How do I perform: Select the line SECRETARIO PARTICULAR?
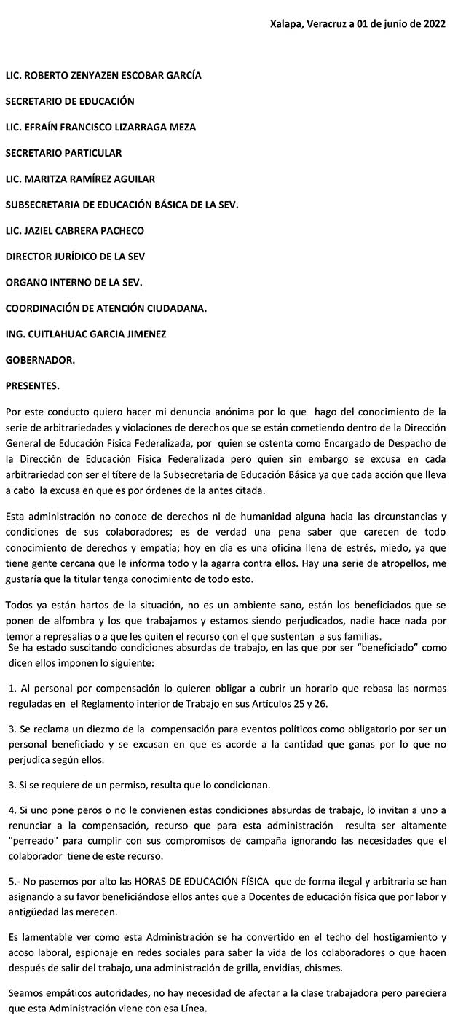[x=63, y=153]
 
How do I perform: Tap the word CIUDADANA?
[x=174, y=308]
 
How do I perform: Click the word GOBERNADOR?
[x=40, y=360]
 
